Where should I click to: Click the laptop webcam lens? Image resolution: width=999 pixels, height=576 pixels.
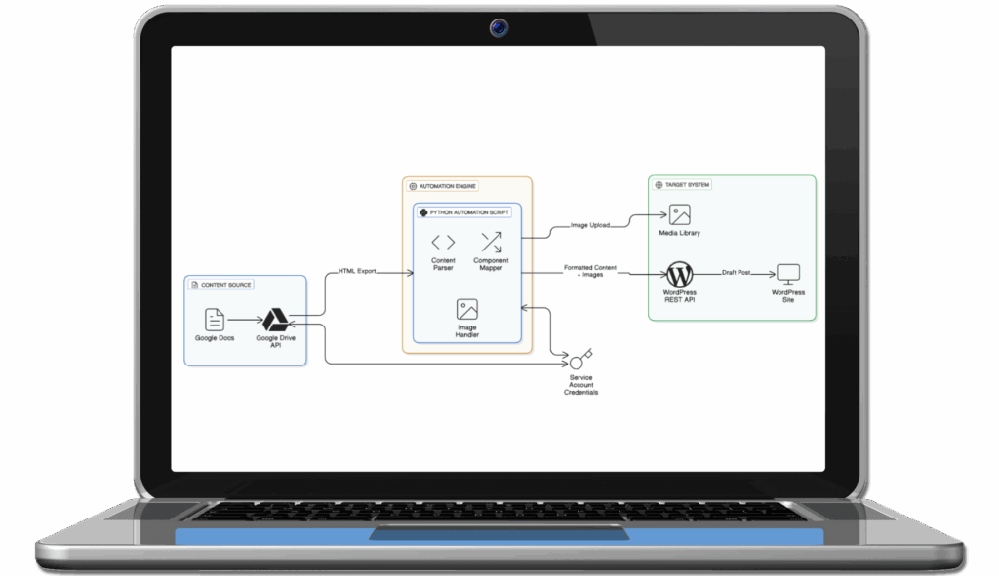click(499, 28)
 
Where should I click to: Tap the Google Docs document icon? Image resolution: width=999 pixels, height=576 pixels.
click(214, 319)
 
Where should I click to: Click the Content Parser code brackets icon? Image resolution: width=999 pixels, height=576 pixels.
click(443, 242)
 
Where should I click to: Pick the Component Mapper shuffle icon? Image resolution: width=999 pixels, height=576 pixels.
click(491, 242)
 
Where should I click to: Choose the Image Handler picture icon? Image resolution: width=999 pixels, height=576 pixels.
click(466, 310)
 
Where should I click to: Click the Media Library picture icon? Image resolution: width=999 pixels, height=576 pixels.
click(679, 215)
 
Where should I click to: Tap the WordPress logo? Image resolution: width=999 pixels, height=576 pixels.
click(679, 274)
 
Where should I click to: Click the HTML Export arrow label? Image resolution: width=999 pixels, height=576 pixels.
click(357, 271)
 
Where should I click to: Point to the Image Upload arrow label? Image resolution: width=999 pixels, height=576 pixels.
click(589, 225)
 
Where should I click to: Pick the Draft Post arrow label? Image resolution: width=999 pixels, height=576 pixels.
click(737, 273)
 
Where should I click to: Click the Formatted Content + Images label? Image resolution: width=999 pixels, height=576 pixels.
click(591, 271)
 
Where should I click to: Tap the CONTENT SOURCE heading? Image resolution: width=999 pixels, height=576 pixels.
click(225, 285)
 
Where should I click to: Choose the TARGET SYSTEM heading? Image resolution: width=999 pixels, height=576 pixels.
click(689, 184)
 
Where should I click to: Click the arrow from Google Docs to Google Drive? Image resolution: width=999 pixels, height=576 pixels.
click(243, 319)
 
